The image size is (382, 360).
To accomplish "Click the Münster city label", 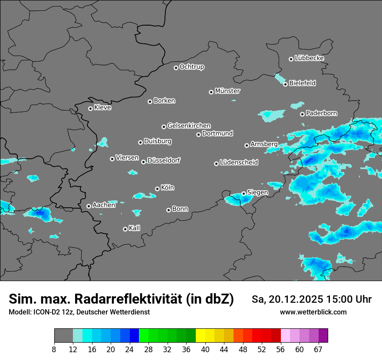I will (x=227, y=91).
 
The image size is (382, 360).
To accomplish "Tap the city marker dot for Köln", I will (x=157, y=189).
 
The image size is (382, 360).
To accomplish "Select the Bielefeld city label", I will (x=302, y=83).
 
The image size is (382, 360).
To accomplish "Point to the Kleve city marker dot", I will (x=90, y=108).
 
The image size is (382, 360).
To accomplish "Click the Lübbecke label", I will (x=309, y=58).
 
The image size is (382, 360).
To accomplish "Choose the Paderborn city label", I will (x=321, y=113).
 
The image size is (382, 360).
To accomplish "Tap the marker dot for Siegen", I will (x=244, y=193).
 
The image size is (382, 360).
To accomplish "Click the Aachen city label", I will (x=104, y=205).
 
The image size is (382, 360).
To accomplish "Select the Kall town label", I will (x=135, y=228).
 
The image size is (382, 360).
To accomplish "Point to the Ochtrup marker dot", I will (x=176, y=68).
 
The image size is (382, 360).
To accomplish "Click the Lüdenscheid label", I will (x=239, y=163).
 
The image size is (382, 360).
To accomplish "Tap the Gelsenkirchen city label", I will (x=189, y=126).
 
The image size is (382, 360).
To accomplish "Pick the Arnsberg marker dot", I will (x=247, y=145).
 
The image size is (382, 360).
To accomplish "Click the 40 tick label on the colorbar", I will (x=205, y=349).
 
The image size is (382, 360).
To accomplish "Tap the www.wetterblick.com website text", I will (x=313, y=312).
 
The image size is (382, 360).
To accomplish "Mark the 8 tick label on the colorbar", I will (x=54, y=349).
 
